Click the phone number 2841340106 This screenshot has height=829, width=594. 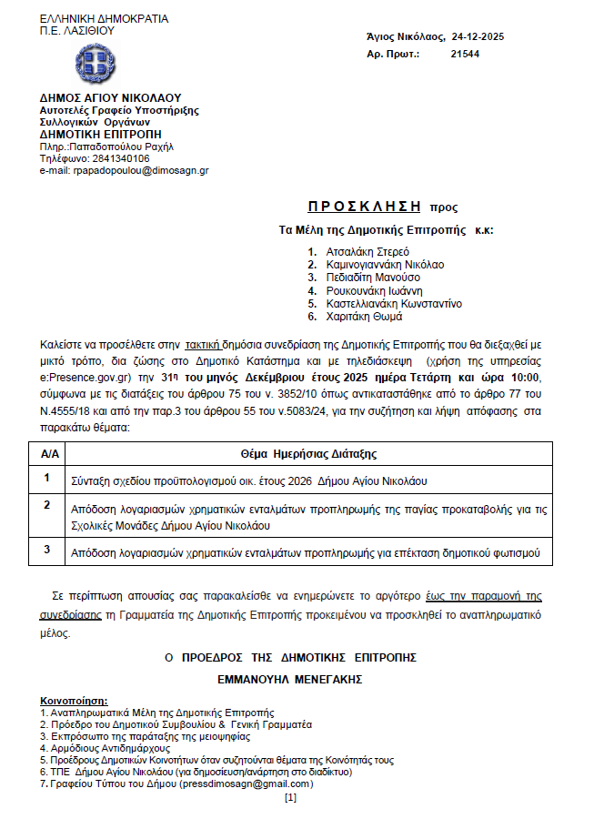[x=120, y=157]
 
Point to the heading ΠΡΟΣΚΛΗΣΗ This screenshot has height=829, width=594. [x=358, y=207]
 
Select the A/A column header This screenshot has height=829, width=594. [x=51, y=453]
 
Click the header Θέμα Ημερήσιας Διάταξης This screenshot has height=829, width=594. [x=308, y=453]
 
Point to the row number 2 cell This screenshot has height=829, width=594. [x=48, y=504]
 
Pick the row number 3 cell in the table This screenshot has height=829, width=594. [x=48, y=550]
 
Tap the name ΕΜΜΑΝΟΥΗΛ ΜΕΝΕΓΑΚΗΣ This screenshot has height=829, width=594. [x=290, y=679]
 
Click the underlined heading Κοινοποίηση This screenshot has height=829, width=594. [x=74, y=702]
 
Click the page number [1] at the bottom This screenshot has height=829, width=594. [x=290, y=798]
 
